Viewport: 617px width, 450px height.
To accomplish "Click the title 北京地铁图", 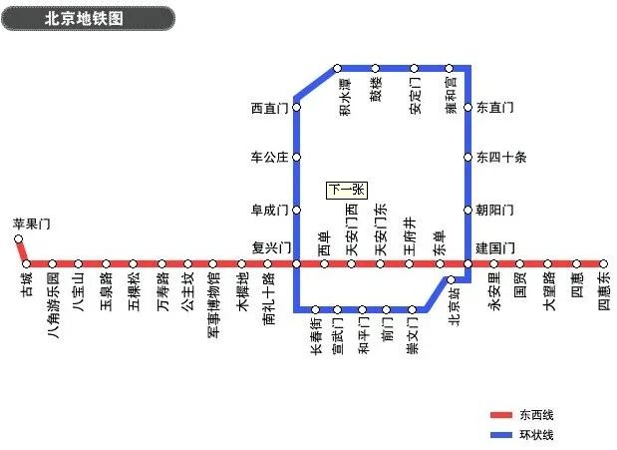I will coord(85,18).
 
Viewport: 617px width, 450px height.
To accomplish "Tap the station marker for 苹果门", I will coord(18,238).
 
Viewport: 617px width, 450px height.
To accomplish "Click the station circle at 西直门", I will coord(296,107).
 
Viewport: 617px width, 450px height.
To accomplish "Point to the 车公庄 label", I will coord(268,157).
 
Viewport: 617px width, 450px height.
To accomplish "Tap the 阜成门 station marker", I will coord(296,210).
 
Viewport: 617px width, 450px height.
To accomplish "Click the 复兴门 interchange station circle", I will coord(296,263).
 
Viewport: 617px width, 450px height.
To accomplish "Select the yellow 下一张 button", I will coord(347,190).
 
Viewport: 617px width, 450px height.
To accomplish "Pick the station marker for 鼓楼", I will coord(376,68).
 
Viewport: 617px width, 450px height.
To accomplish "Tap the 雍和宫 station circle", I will coord(452,68).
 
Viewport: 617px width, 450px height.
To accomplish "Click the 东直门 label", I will coord(494,107).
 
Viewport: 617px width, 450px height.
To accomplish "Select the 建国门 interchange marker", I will coord(467,263).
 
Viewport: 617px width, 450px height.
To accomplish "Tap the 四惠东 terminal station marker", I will coord(603,263).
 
